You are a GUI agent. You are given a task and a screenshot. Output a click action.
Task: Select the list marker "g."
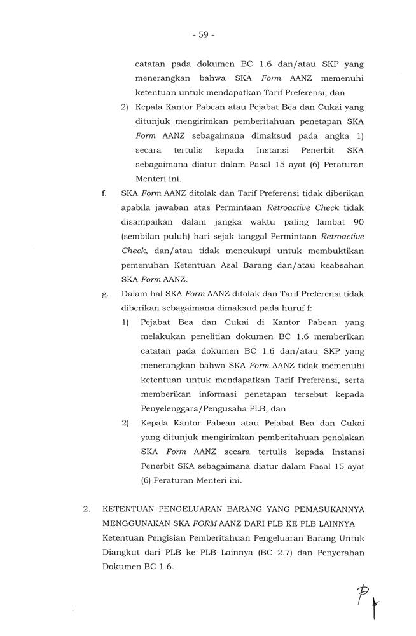(x=104, y=294)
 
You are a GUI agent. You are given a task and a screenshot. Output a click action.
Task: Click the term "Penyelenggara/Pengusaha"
(x=190, y=409)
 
